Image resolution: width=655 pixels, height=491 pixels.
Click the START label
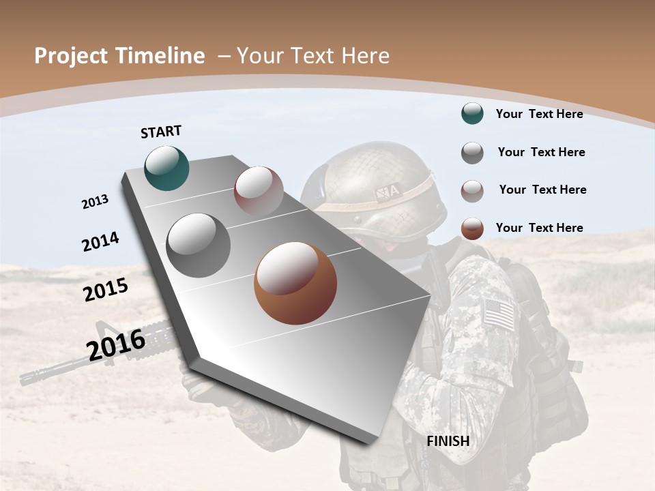click(x=161, y=132)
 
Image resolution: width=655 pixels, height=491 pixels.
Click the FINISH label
click(x=448, y=441)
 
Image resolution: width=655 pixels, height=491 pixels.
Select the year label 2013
click(x=95, y=202)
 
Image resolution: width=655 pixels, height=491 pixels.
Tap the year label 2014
click(x=100, y=242)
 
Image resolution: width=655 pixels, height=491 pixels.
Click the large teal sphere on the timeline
click(x=167, y=168)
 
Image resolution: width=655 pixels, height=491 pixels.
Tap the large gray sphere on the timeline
click(x=198, y=245)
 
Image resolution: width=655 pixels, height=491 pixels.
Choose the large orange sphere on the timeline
click(x=295, y=282)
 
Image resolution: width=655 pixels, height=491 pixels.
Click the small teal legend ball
click(x=472, y=113)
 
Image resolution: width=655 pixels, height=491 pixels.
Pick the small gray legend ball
click(x=472, y=153)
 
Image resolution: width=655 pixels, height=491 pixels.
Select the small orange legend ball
click(x=472, y=228)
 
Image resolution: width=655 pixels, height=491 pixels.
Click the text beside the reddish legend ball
click(x=542, y=190)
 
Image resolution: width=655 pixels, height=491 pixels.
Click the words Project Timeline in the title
click(x=119, y=56)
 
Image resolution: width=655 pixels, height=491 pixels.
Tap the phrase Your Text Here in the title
click(x=312, y=56)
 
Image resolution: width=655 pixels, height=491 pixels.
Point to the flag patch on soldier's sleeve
click(x=499, y=314)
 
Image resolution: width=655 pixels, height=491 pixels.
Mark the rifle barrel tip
click(x=26, y=378)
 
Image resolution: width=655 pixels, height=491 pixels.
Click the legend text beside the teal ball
click(x=539, y=114)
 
